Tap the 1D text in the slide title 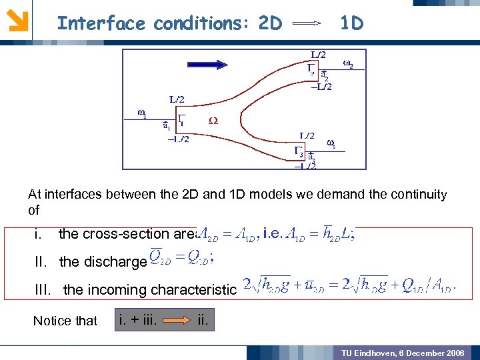pos(351,24)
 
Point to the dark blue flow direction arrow pos(213,65)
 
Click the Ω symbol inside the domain pos(213,121)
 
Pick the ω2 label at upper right pos(348,64)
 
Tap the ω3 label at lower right pos(331,143)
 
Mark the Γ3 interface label pos(299,152)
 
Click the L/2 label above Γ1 pos(177,99)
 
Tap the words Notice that pos(65,321)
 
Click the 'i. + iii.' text pos(137,321)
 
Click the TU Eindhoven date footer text pos(403,352)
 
